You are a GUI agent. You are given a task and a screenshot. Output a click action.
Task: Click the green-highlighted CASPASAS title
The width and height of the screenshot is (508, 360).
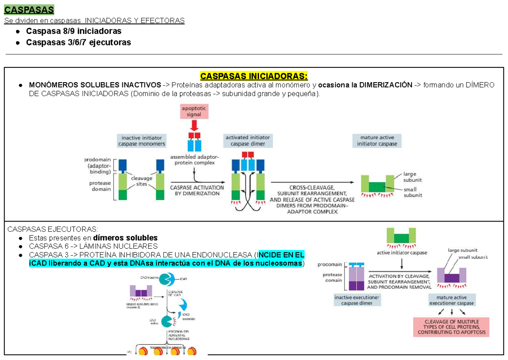29,9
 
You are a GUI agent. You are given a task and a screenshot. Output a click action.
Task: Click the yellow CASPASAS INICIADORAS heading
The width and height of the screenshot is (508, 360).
254,76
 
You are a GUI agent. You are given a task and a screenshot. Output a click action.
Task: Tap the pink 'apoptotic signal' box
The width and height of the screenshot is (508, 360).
194,111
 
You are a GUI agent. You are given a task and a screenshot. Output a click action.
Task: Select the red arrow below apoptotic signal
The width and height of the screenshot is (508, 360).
194,125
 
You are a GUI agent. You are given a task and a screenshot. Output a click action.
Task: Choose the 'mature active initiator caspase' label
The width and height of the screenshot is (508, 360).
377,141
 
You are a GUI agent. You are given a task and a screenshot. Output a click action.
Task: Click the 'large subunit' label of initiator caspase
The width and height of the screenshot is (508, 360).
412,177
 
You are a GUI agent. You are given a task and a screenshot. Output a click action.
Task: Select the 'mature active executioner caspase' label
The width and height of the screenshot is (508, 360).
452,300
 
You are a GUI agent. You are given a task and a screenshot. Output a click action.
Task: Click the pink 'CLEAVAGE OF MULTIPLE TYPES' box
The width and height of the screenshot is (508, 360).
451,327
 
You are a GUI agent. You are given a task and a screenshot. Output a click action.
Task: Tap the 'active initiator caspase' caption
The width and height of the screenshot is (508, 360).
402,253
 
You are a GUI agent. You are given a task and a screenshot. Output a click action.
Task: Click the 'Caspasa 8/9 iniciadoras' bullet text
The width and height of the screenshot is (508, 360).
74,31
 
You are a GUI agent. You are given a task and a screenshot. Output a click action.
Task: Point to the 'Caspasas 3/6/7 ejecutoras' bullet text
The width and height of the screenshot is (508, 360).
78,42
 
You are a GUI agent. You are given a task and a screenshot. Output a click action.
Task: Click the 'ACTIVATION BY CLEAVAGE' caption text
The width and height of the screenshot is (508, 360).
400,275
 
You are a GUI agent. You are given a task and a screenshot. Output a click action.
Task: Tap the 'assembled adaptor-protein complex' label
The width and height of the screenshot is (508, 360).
192,160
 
